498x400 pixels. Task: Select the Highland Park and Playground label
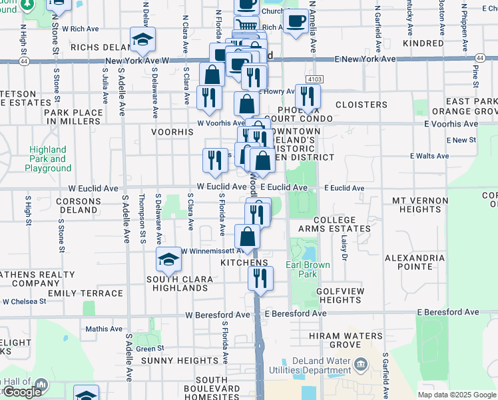[48, 159]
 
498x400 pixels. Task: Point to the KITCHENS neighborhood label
[244, 263]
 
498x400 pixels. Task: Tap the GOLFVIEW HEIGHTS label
[340, 295]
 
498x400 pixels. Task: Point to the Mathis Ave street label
[104, 329]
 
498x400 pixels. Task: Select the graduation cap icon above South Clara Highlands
[169, 260]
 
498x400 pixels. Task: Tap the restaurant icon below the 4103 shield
[308, 96]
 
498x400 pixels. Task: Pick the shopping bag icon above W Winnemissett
[247, 237]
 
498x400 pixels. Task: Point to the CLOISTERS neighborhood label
[362, 105]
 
